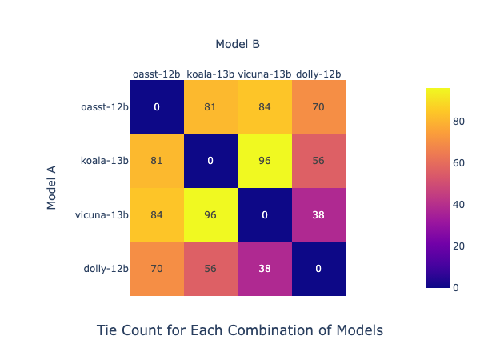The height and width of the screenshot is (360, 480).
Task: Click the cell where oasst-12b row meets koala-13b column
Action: pyautogui.click(x=210, y=107)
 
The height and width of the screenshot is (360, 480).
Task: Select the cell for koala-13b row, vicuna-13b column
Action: pyautogui.click(x=265, y=161)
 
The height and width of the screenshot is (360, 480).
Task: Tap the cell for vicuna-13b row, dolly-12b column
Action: pyautogui.click(x=318, y=214)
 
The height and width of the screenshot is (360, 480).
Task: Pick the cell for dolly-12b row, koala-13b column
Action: pyautogui.click(x=210, y=269)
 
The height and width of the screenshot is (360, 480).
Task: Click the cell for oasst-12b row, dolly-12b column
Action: pyautogui.click(x=318, y=107)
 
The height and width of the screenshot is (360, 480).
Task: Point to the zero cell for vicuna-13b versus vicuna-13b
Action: pyautogui.click(x=265, y=214)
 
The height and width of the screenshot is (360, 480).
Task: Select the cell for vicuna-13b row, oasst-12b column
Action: pyautogui.click(x=157, y=214)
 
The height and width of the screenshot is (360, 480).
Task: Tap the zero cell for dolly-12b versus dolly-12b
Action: pyautogui.click(x=318, y=269)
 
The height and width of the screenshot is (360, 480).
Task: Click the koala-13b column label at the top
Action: pyautogui.click(x=210, y=74)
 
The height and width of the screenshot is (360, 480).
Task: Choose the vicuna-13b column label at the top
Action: pyautogui.click(x=265, y=74)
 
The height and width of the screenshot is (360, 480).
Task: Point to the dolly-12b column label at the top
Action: pyautogui.click(x=318, y=74)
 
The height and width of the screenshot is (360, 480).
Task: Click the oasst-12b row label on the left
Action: pyautogui.click(x=105, y=107)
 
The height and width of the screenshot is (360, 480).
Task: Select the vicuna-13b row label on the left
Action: pyautogui.click(x=102, y=214)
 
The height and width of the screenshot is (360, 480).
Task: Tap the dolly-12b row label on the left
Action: pyautogui.click(x=106, y=269)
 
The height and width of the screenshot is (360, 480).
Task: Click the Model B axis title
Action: pyautogui.click(x=238, y=44)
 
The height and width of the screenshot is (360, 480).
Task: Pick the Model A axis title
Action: pyautogui.click(x=52, y=187)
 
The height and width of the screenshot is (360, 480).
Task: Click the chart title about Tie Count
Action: pyautogui.click(x=240, y=330)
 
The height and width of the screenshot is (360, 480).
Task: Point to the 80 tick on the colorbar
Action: pyautogui.click(x=458, y=122)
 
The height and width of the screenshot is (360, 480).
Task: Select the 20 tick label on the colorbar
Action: pyautogui.click(x=458, y=246)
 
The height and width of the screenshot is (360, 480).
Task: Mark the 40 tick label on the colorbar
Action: pyautogui.click(x=458, y=205)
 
